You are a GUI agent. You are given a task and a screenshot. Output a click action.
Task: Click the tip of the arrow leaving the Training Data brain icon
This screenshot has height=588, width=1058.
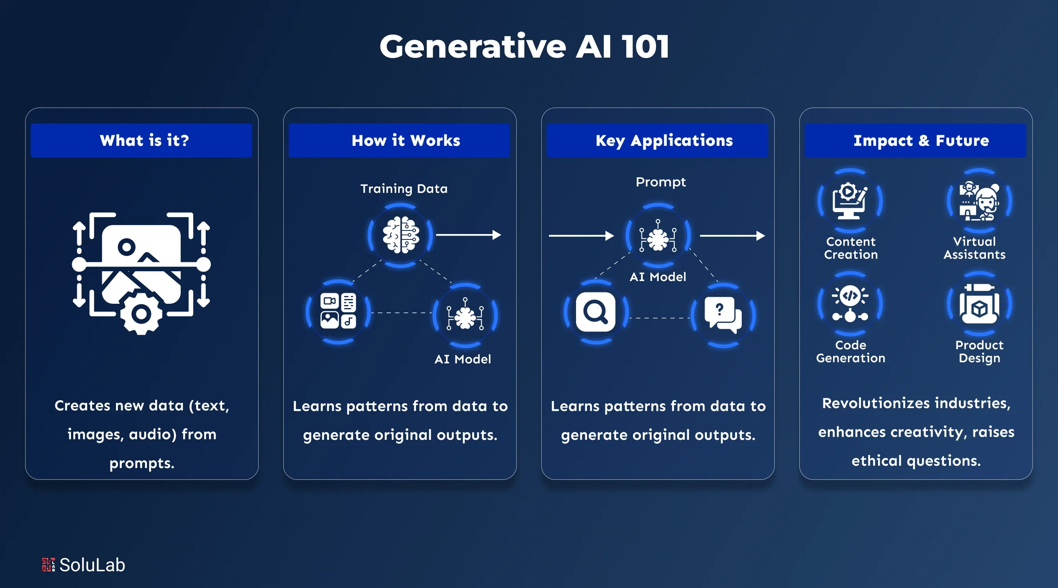tap(501, 235)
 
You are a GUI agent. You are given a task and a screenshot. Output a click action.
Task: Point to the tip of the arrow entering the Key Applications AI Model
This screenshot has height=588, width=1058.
tap(614, 236)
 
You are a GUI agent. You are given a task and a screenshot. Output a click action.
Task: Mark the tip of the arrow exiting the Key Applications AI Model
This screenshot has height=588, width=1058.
tap(765, 236)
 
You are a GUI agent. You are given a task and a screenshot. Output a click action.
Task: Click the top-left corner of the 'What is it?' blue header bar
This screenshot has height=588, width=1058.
tap(31, 124)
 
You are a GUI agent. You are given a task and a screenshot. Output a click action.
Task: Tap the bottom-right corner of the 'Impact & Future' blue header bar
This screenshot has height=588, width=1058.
tap(1026, 157)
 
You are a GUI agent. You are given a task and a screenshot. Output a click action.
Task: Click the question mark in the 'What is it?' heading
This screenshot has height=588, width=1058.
tap(185, 140)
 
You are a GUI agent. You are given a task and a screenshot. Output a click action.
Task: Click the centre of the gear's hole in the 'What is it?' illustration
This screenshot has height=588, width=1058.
tap(141, 314)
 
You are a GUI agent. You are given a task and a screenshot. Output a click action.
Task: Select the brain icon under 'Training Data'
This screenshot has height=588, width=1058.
tap(401, 235)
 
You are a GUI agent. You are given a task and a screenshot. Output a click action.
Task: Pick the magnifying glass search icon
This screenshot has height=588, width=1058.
tap(596, 312)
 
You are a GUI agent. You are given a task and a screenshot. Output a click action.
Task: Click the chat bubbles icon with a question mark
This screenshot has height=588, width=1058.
tap(723, 315)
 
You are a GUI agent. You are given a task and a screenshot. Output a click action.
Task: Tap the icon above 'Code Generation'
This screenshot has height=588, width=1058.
tap(850, 304)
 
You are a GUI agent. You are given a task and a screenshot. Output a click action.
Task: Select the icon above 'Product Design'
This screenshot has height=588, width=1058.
tap(980, 304)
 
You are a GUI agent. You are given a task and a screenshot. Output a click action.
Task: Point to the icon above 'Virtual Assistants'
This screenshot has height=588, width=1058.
tap(980, 201)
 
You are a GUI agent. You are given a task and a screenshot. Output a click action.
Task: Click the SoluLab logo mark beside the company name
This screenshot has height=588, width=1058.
tap(49, 564)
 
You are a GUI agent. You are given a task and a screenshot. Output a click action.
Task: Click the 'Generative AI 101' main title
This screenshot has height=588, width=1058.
tap(524, 46)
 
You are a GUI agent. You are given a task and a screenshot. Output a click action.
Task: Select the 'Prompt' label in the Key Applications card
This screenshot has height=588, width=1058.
tap(660, 182)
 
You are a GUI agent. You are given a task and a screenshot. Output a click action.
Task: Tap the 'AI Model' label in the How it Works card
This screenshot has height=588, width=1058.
tap(462, 359)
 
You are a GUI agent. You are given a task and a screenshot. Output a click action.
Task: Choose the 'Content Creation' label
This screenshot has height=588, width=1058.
tap(851, 248)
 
